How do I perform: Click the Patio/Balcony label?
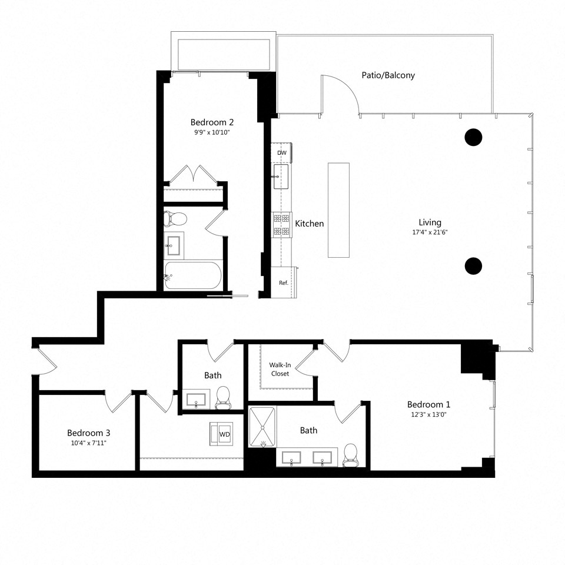click(388, 75)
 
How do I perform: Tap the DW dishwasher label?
click(282, 153)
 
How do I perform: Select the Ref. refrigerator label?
click(283, 283)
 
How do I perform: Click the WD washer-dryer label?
click(224, 434)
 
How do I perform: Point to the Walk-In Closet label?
click(280, 369)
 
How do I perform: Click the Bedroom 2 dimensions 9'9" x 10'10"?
click(212, 132)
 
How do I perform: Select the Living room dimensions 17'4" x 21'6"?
click(430, 232)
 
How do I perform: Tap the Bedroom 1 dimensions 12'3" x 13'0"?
click(428, 414)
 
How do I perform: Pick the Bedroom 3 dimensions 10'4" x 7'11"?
click(88, 443)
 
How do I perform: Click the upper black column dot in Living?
click(473, 137)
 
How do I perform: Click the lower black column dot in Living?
click(473, 266)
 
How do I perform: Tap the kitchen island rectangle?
click(338, 210)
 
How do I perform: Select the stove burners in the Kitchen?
click(281, 225)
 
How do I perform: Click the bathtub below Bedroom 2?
click(192, 275)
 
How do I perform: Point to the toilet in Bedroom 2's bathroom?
click(175, 220)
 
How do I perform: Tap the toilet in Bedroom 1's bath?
click(351, 455)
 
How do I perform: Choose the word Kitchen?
click(310, 224)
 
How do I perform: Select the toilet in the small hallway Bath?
click(224, 397)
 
